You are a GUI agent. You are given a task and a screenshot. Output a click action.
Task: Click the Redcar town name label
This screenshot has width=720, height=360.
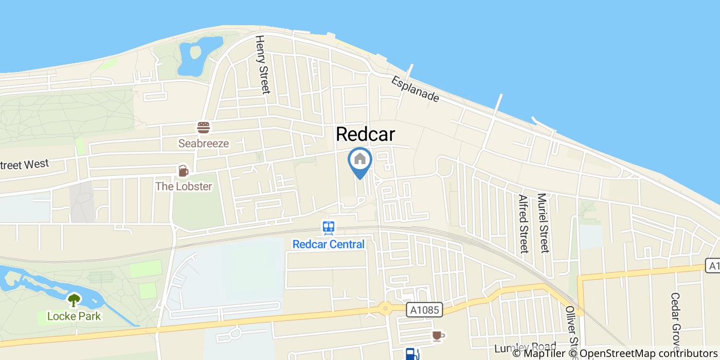pos(365,134)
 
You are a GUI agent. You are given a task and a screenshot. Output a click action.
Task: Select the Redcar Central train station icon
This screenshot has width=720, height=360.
pos(329,228)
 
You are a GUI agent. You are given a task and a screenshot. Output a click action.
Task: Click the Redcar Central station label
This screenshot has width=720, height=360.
pos(329,244)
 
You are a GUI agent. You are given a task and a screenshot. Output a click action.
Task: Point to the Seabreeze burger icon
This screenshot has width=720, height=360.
pos(204,127)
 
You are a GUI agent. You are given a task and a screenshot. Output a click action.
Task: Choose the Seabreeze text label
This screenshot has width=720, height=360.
pos(204,143)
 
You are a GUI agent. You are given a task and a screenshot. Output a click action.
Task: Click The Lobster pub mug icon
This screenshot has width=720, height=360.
pos(183,171)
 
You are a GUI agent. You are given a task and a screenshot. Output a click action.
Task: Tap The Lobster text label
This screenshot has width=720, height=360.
pos(184,186)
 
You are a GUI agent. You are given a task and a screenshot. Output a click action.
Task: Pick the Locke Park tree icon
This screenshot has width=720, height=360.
pos(74,300)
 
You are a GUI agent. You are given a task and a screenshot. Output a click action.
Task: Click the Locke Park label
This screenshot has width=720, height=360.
pos(74,316)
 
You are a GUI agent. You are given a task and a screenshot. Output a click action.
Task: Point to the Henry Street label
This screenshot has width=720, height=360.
pos(262,64)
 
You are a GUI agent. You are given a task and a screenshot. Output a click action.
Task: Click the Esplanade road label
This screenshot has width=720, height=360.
pos(415,89)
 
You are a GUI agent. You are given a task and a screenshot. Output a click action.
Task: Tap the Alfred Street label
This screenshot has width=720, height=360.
pos(524,224)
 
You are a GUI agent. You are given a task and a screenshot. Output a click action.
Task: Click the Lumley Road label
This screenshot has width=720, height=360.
pos(525,348)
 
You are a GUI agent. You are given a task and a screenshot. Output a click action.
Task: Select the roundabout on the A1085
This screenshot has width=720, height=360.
pos(385,309)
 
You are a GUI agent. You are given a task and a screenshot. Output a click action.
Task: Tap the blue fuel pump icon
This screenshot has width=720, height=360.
pos(411,354)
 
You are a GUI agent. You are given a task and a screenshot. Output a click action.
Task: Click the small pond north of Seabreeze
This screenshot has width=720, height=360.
pos(194,57)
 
